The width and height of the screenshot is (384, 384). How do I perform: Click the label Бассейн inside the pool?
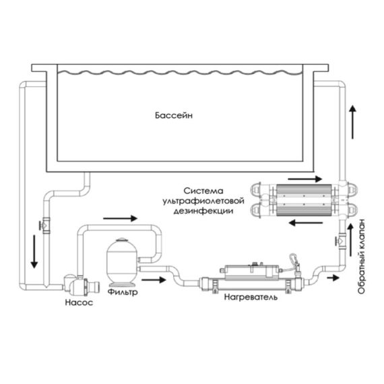(x=174, y=115)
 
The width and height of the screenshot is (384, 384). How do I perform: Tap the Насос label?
(x=79, y=302)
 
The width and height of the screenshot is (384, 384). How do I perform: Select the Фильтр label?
(x=123, y=292)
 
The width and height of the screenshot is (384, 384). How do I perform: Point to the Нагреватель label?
(x=251, y=297)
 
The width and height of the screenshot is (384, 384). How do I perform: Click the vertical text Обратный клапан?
(x=361, y=256)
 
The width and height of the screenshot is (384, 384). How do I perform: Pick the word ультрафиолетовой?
(x=203, y=201)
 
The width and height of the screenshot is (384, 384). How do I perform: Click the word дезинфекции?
(x=203, y=211)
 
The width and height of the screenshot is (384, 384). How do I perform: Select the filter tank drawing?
(x=122, y=262)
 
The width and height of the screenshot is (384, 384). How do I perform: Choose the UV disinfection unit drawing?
(x=304, y=200)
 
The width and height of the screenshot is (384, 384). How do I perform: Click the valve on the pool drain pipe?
(x=45, y=225)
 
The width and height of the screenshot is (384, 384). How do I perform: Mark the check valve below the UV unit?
(x=341, y=241)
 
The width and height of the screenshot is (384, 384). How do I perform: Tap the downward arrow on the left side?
(x=34, y=251)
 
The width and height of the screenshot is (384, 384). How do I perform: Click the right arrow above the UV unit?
(x=305, y=179)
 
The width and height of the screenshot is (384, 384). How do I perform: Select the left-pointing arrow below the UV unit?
(x=306, y=223)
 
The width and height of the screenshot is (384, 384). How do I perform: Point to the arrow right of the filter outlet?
(x=154, y=280)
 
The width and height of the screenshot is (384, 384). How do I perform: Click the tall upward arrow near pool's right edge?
(x=352, y=122)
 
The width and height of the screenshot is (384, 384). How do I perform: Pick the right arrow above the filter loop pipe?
(x=120, y=218)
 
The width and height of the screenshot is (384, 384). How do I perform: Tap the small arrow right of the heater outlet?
(x=333, y=278)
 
